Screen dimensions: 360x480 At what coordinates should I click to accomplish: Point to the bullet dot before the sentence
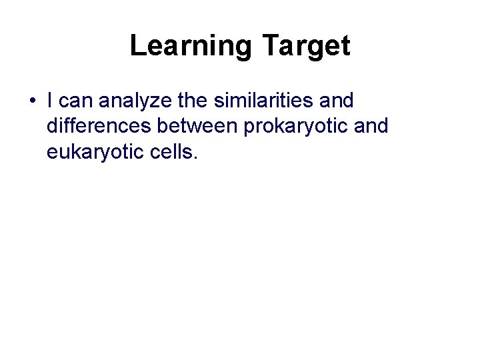coord(32,102)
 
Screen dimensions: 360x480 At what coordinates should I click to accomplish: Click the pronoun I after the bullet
coord(51,101)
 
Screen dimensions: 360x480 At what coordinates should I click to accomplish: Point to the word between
coord(195,127)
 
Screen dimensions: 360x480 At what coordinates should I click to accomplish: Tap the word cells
coord(173,152)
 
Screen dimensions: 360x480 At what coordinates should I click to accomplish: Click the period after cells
coord(195,158)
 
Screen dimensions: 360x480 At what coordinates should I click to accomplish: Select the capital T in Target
coord(271,46)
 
